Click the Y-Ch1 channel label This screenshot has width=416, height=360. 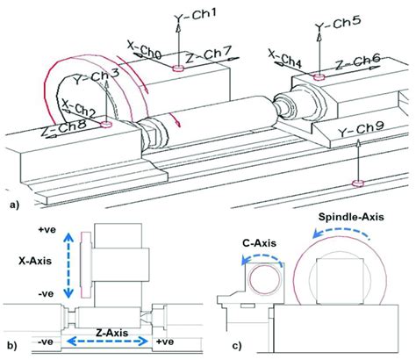195,15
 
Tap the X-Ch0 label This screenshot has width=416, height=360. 145,50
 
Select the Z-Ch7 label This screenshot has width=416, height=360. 209,55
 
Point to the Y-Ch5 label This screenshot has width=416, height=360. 338,24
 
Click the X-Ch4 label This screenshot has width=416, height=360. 285,60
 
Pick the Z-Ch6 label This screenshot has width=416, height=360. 357,62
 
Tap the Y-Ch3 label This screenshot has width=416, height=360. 96,77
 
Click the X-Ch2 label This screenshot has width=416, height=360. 79,108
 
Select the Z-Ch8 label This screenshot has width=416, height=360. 63,129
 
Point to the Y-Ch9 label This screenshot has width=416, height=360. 361,129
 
